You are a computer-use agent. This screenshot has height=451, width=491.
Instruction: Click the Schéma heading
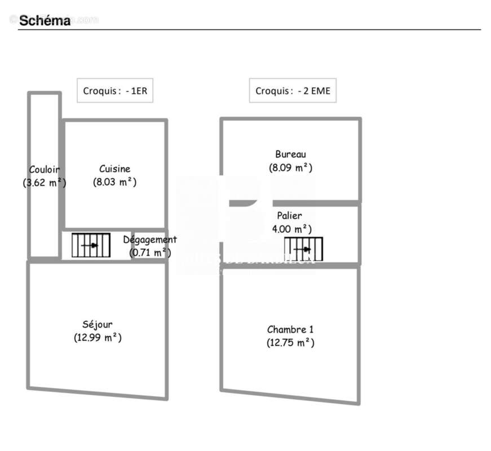click(45, 21)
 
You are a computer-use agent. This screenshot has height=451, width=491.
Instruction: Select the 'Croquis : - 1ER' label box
click(114, 90)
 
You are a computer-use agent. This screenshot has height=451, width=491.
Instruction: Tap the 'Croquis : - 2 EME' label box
click(293, 90)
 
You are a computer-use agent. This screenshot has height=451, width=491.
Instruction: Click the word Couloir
click(45, 169)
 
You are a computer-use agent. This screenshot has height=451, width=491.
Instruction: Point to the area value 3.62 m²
click(45, 183)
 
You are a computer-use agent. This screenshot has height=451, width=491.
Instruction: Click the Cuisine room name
click(114, 169)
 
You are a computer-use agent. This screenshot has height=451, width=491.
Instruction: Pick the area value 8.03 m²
click(114, 182)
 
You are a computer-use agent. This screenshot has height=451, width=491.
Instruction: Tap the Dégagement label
click(150, 240)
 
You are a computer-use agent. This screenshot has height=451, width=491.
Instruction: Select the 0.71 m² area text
click(150, 253)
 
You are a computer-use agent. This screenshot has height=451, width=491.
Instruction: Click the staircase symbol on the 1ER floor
click(91, 245)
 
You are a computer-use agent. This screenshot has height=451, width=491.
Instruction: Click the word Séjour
click(98, 324)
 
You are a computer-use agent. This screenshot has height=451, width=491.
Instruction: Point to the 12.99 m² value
click(98, 338)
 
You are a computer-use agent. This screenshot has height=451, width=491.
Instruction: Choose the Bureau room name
click(290, 154)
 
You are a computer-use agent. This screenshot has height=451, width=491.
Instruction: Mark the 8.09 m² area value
click(290, 167)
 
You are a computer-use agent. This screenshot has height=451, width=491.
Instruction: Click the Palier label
click(289, 215)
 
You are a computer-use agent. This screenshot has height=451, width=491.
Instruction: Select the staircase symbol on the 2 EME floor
click(303, 249)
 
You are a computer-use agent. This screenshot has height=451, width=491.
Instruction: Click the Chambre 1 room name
click(290, 329)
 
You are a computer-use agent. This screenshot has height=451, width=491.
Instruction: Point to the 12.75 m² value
click(290, 343)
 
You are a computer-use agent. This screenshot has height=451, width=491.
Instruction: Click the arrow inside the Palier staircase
click(306, 249)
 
